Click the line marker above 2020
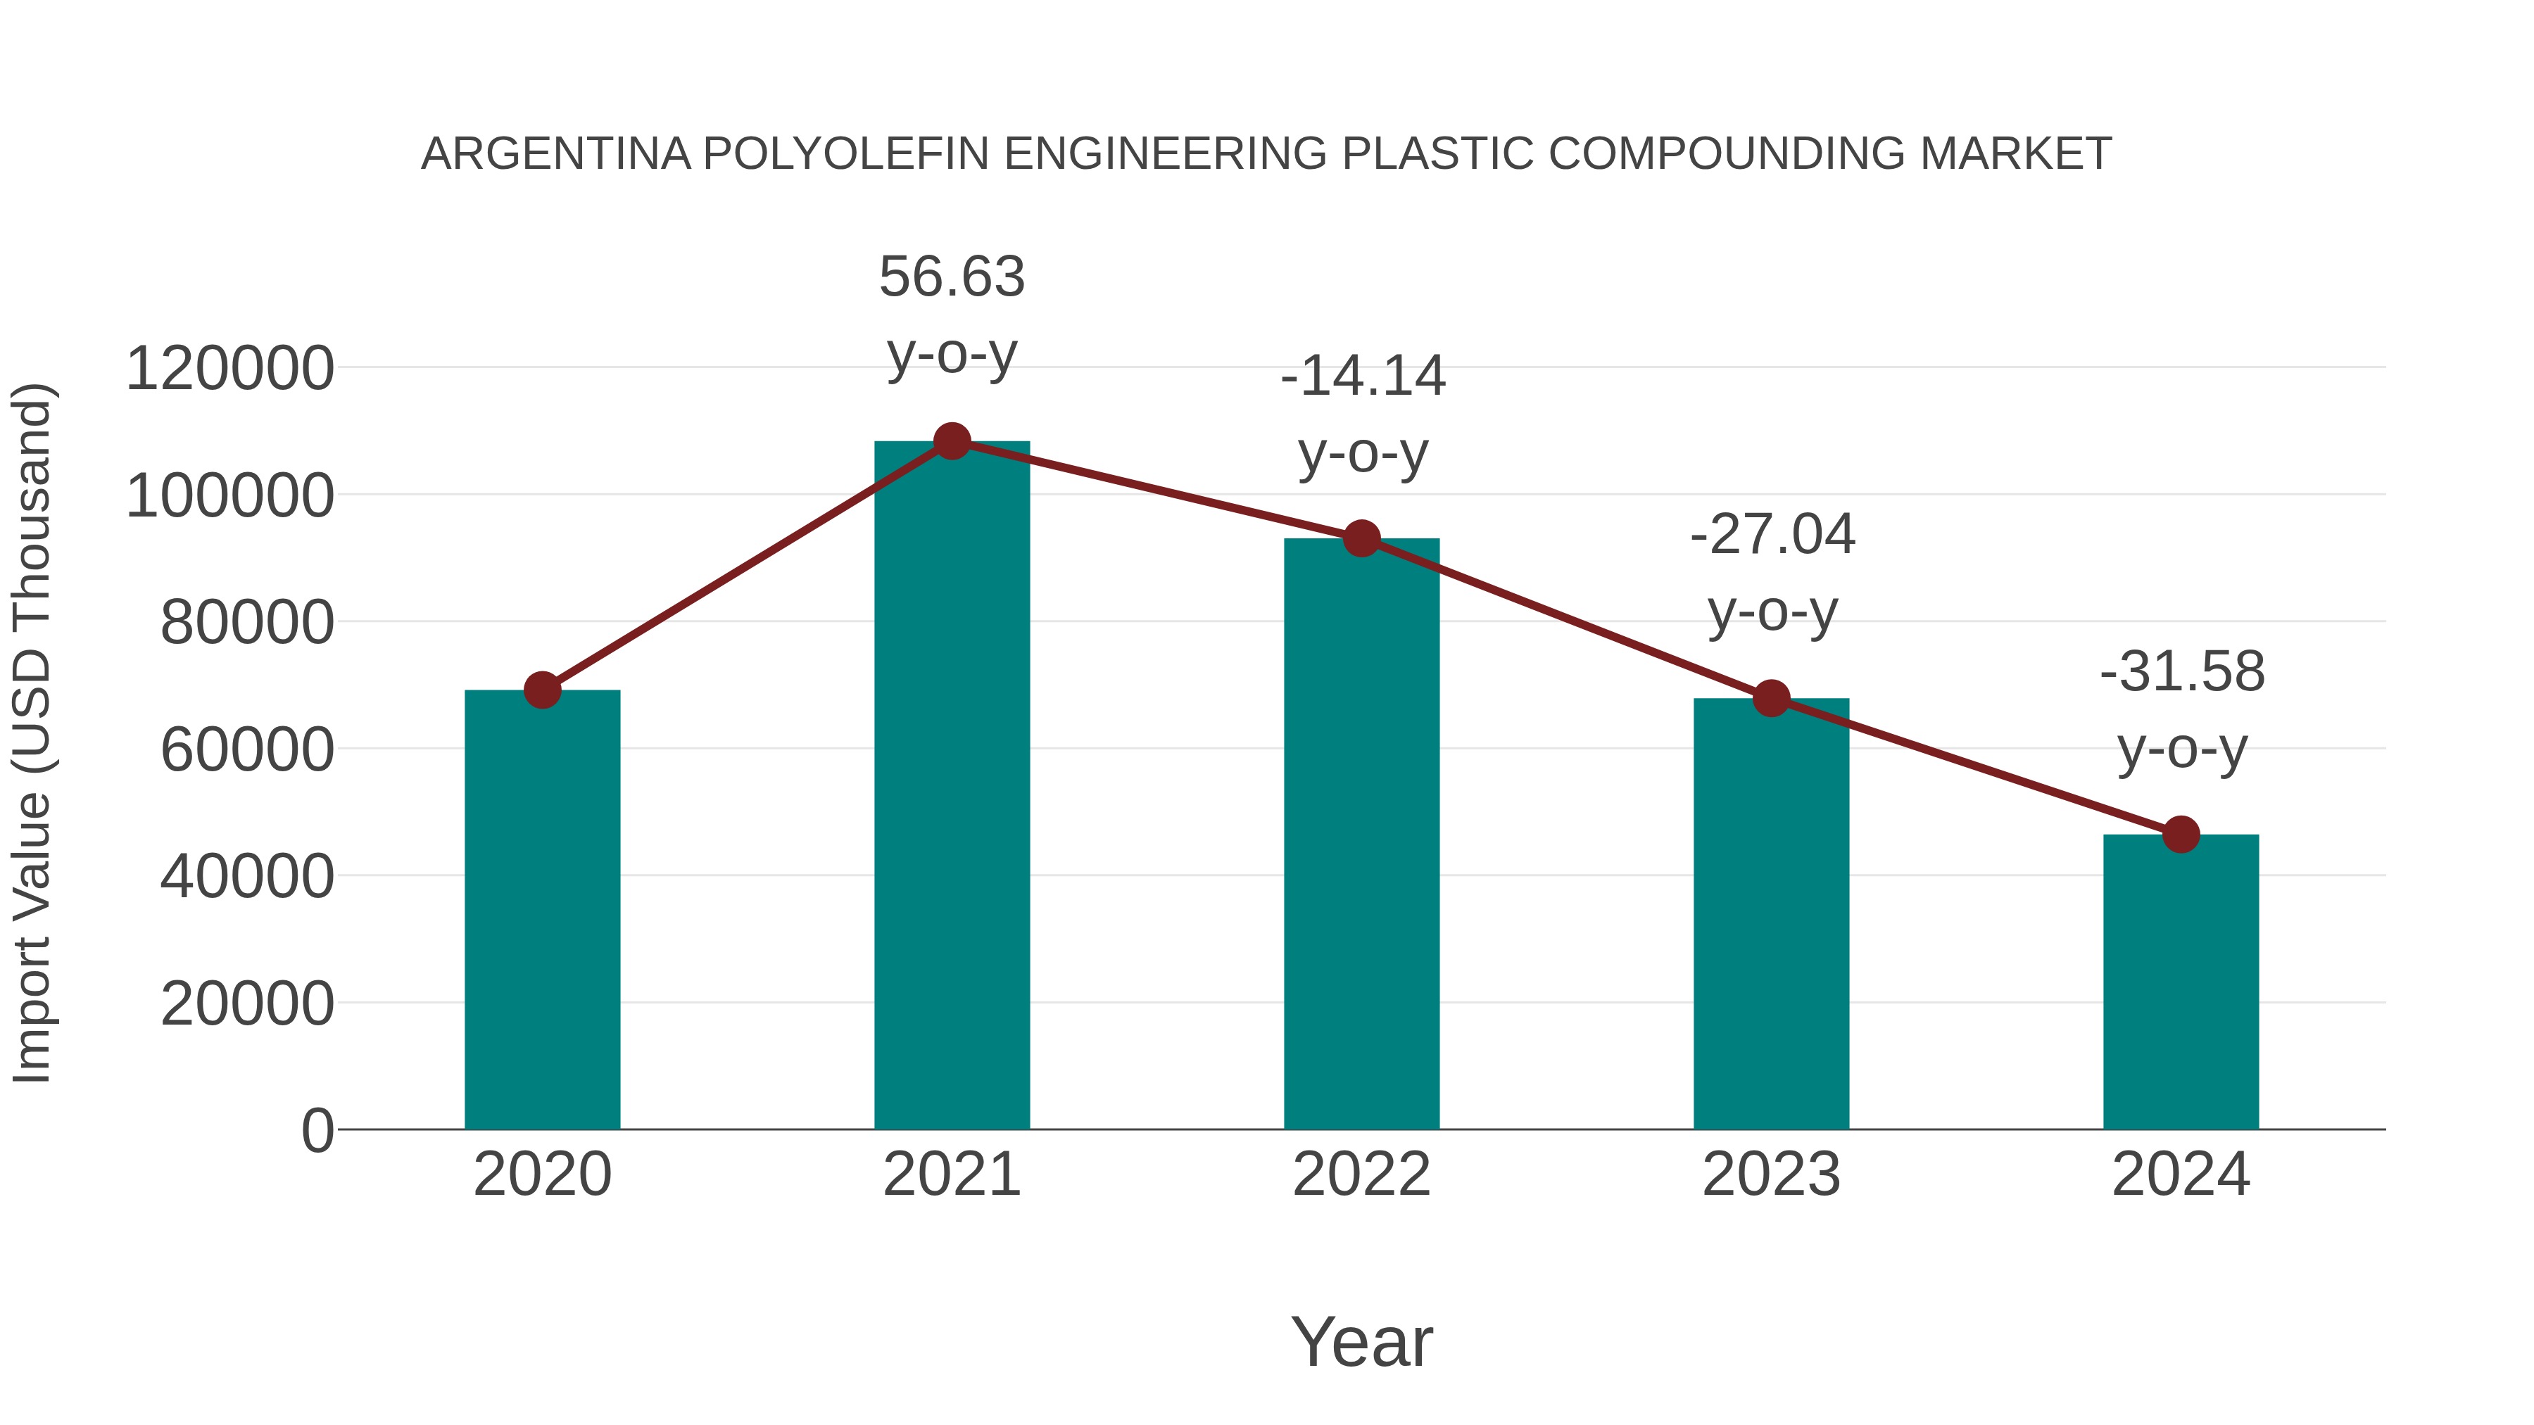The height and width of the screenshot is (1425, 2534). (x=542, y=690)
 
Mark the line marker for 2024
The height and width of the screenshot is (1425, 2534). (x=2181, y=835)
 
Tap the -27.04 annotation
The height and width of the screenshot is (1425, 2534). (x=1772, y=536)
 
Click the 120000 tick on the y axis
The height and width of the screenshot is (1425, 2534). (x=230, y=369)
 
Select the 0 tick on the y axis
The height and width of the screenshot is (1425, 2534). (x=317, y=1131)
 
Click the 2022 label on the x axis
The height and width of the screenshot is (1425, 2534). (x=1361, y=1175)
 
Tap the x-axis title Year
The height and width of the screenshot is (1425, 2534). (x=1361, y=1343)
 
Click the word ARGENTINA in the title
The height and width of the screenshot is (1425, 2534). (x=556, y=154)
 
